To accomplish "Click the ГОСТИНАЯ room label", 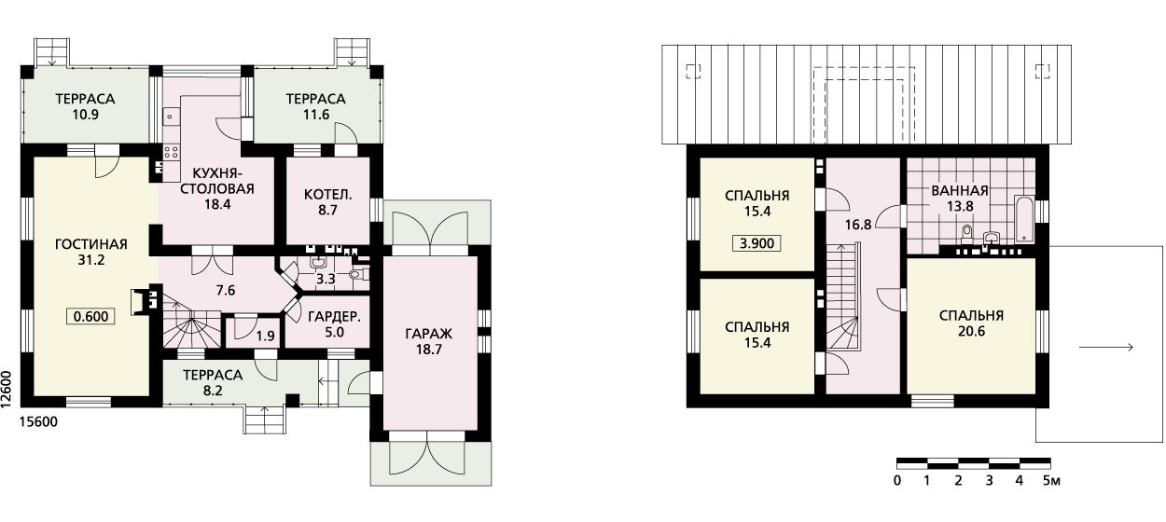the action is point(91,244).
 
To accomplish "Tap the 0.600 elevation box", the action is point(91,316).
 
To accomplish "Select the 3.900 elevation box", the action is point(757,242).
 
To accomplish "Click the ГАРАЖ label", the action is point(429,334).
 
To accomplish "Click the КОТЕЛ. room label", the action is point(328,195).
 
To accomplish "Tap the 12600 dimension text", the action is point(7,389).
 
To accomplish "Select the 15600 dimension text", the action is point(38,421).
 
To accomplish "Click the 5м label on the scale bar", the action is point(1051,480).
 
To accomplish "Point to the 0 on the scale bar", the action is point(896,480).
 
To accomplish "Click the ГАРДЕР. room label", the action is point(334,316).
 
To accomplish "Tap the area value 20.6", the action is point(971,331).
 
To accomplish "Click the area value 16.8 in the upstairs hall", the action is point(858,225).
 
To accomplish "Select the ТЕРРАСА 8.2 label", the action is point(213,382).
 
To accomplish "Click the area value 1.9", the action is point(266,336).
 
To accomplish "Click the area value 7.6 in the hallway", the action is point(226,290).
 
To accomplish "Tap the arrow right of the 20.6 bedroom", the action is point(1106,348).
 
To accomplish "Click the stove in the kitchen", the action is point(172,152).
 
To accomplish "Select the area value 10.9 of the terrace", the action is point(86,115).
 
